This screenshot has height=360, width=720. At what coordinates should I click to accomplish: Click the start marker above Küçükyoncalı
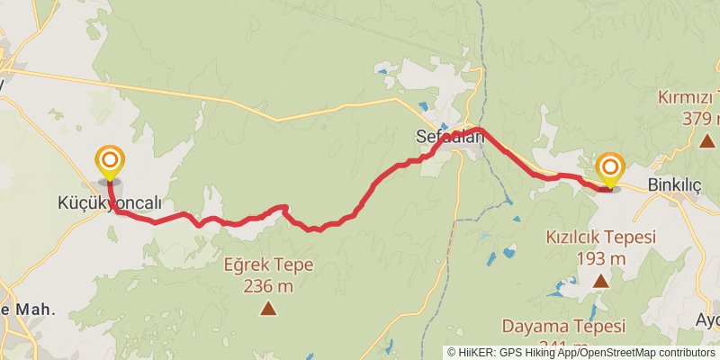[x=110, y=162]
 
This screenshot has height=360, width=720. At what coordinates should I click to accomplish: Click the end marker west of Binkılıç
[x=610, y=167]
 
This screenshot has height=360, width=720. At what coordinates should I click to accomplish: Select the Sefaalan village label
[x=450, y=138]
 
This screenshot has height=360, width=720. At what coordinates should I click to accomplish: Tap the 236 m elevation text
[x=267, y=286]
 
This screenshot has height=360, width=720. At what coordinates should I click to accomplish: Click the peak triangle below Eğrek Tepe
[x=267, y=309]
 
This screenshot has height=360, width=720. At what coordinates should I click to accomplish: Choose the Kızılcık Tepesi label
[x=600, y=238]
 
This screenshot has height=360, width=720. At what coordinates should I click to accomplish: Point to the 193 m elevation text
[x=600, y=258]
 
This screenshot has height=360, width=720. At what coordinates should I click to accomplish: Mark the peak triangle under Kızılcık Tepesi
[x=600, y=281]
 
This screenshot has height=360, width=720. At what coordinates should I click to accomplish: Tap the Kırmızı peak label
[x=688, y=97]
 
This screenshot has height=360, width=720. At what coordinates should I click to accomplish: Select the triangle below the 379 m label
[x=708, y=140]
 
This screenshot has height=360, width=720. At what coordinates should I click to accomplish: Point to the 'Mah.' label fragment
[x=35, y=308]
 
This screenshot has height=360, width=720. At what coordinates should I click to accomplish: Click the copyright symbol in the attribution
[x=452, y=353]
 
